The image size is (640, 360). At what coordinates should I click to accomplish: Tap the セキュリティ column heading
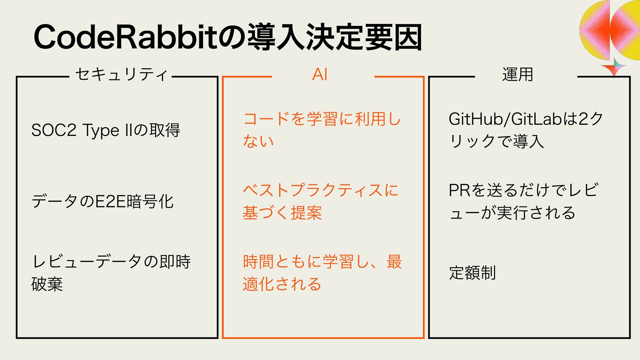(x=121, y=74)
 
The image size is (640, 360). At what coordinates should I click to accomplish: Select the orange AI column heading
(x=320, y=74)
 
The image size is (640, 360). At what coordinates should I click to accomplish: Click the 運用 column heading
(x=517, y=74)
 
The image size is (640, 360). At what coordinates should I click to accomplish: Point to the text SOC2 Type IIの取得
(x=106, y=130)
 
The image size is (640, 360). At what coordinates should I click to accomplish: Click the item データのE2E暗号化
(x=102, y=201)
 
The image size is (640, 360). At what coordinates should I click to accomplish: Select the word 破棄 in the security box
(x=47, y=284)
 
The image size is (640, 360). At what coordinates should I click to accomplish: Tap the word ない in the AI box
(x=258, y=141)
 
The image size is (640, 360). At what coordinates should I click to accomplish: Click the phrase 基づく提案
(x=282, y=213)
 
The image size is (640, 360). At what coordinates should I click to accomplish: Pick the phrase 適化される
(x=282, y=284)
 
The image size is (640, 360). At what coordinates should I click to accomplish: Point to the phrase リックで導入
(x=497, y=141)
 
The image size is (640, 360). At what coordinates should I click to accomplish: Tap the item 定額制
(x=472, y=273)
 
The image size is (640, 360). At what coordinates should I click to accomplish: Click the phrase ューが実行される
(x=512, y=213)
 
